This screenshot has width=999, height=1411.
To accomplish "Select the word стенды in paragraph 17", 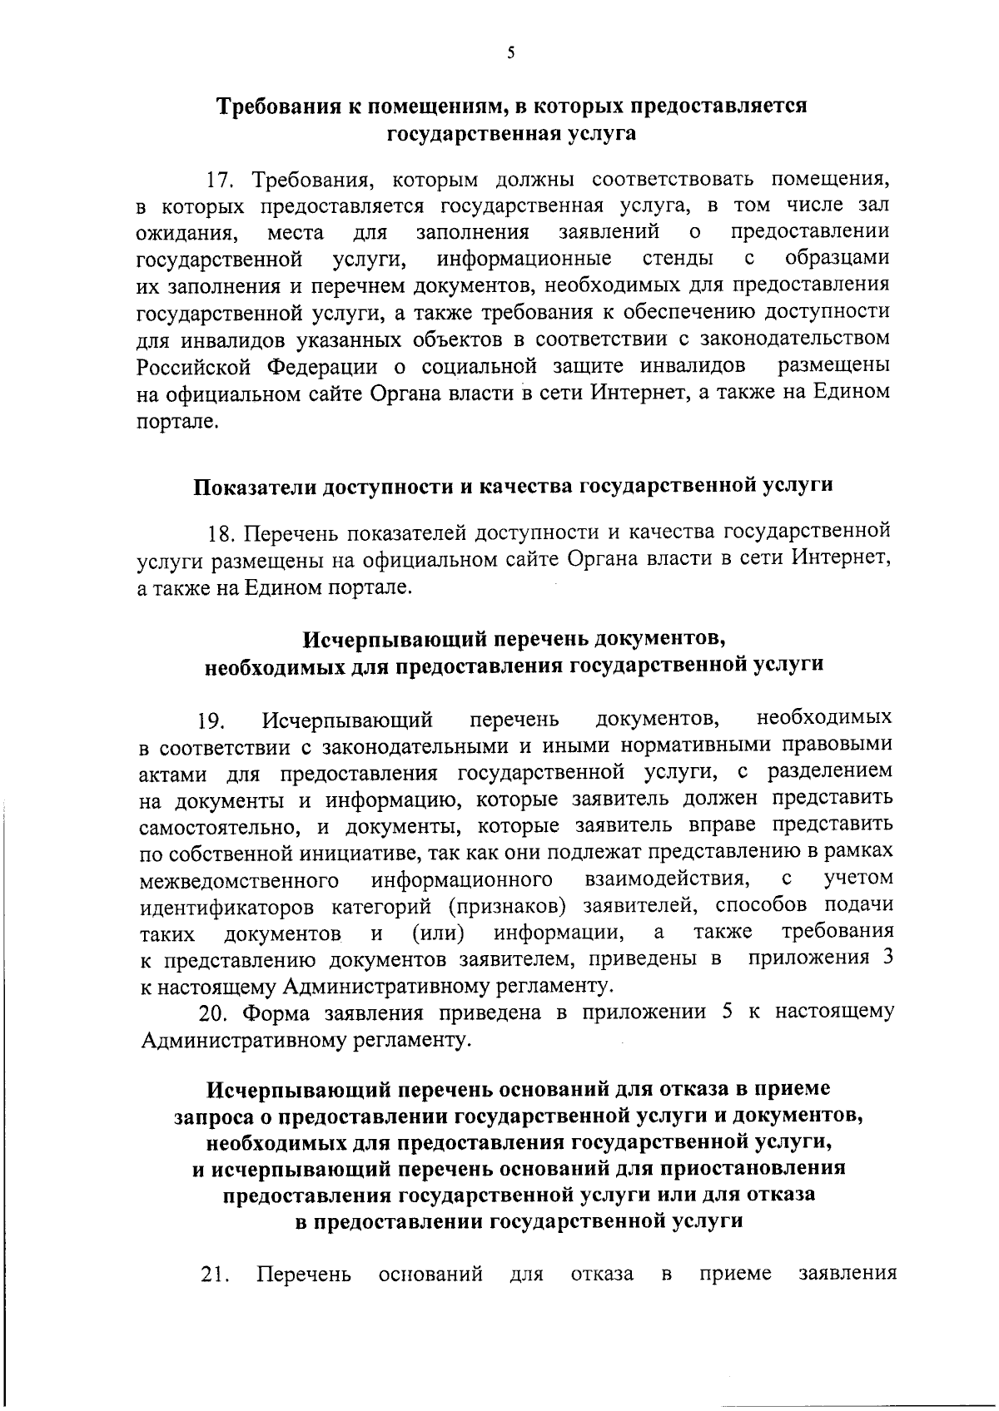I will click(x=676, y=259).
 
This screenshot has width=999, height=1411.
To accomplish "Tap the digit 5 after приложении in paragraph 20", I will click(x=729, y=1012).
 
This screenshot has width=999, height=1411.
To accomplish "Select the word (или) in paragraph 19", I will click(x=438, y=933).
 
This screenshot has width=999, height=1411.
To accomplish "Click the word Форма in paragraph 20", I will click(x=278, y=1013).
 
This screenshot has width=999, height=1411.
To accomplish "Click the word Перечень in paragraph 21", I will click(x=304, y=1274).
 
